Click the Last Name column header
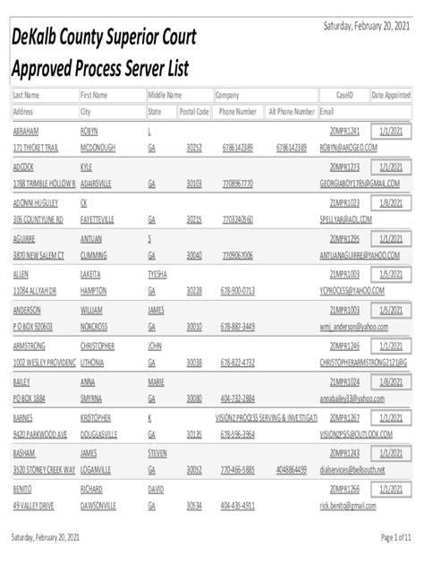coord(26,95)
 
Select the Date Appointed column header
coord(391,95)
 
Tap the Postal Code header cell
coord(194,112)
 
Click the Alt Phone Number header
coord(292,112)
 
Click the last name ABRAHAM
coord(27,131)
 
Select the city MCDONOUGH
coord(98,148)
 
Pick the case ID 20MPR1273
coord(344,167)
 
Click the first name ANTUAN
coord(93,238)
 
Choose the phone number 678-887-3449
coord(238,326)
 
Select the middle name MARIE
coord(157,381)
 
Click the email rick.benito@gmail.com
coord(353,505)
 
